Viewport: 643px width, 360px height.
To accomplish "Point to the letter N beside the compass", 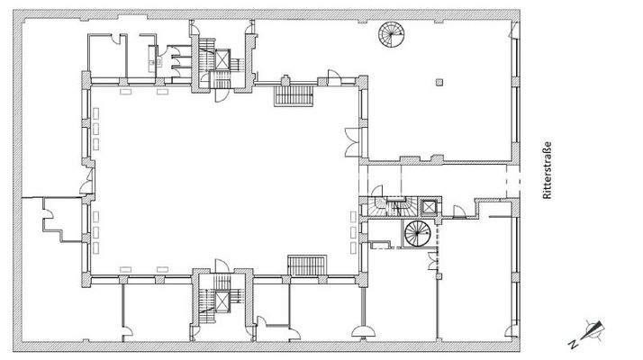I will [x=574, y=342].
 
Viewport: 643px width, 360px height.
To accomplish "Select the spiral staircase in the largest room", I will [x=391, y=37].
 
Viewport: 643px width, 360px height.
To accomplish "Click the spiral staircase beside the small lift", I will [x=417, y=234].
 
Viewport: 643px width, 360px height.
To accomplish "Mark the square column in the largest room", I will [x=439, y=83].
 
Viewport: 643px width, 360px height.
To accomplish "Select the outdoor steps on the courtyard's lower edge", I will [x=305, y=265].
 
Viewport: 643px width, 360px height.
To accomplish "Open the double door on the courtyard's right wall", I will [x=353, y=137].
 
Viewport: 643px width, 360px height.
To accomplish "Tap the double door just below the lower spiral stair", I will [x=433, y=264].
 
